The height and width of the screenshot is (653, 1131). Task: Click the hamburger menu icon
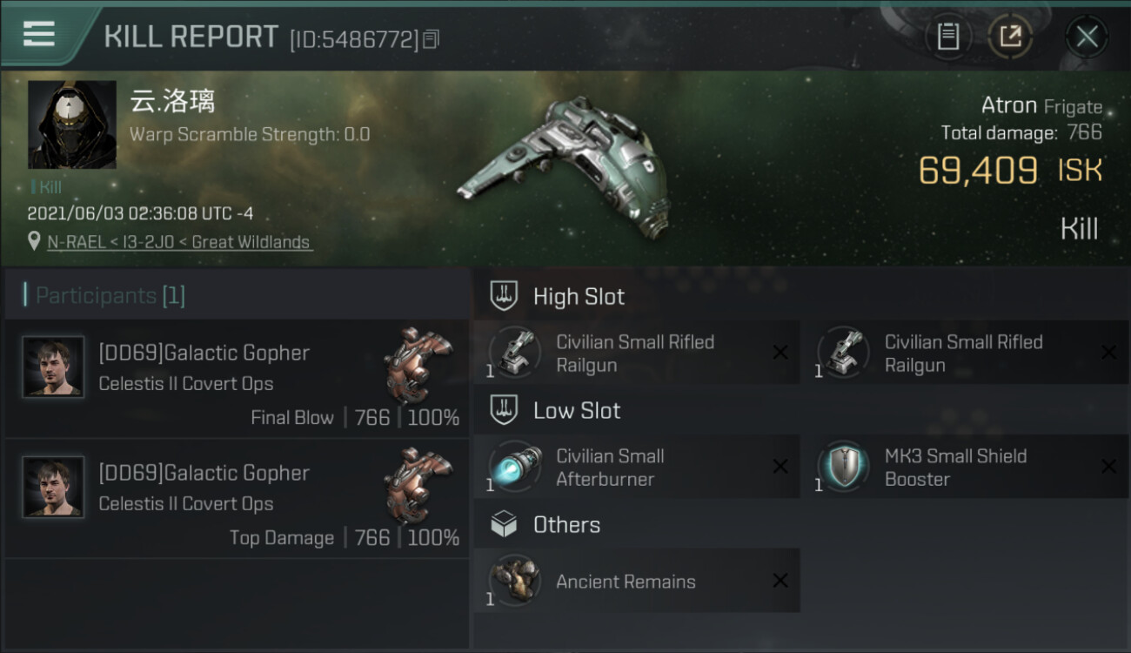click(x=39, y=34)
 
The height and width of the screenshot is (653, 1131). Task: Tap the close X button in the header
click(x=1087, y=37)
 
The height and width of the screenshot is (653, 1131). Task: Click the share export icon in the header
click(x=1010, y=37)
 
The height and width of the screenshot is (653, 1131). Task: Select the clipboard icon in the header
click(x=948, y=37)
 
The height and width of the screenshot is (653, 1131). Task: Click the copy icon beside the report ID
click(x=432, y=39)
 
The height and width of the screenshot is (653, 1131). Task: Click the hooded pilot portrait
click(x=72, y=125)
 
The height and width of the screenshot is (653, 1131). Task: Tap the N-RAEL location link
click(x=178, y=242)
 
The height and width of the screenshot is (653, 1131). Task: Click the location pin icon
click(x=34, y=241)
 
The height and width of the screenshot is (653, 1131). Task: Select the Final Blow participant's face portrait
click(x=54, y=367)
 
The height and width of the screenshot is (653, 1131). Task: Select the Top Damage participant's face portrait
click(x=54, y=488)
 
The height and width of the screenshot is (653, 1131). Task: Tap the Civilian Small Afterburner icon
click(x=515, y=467)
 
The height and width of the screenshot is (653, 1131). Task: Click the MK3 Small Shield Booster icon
click(x=843, y=467)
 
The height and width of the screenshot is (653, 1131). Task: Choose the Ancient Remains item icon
click(x=515, y=581)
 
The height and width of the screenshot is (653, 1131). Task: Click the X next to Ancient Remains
click(x=780, y=581)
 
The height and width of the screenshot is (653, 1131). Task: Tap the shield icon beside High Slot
click(x=504, y=296)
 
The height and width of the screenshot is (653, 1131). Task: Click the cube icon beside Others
click(x=504, y=524)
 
